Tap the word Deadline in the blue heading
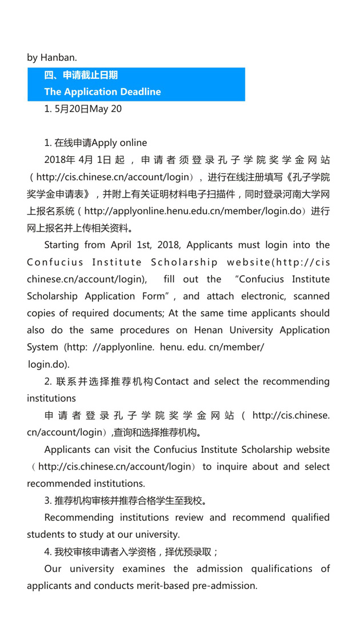tap(136, 91)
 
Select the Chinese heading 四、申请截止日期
tap(81, 75)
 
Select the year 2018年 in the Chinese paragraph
tap(58, 160)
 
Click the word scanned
tap(309, 296)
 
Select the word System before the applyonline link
tap(42, 347)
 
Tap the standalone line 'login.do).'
tap(49, 364)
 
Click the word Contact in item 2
tap(174, 381)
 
